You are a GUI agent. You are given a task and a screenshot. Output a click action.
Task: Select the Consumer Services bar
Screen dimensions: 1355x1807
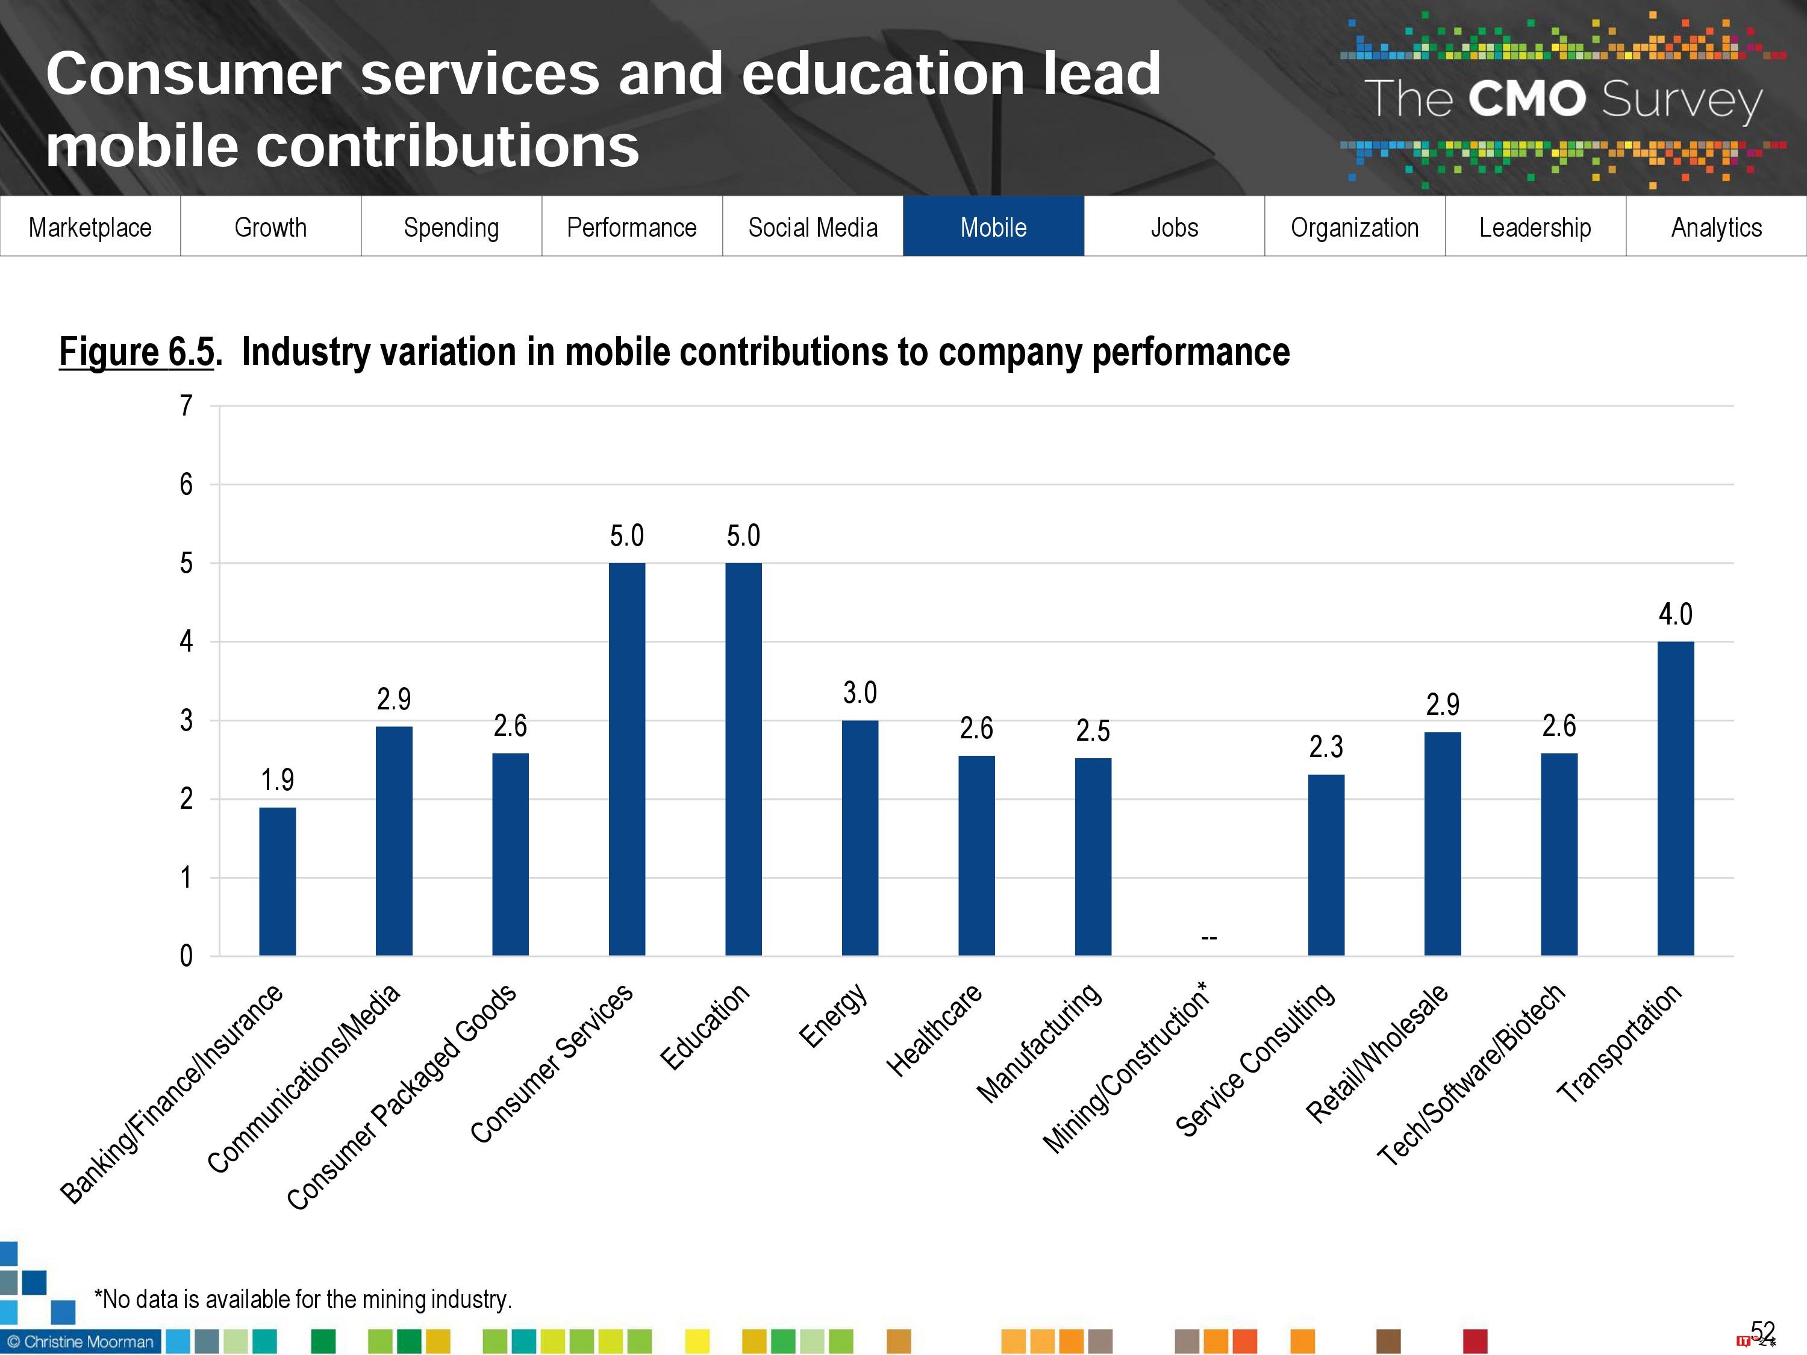[626, 759]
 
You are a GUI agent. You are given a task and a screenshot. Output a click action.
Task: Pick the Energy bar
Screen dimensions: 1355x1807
[860, 837]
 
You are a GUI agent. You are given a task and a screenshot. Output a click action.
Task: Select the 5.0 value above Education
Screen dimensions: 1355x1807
[743, 536]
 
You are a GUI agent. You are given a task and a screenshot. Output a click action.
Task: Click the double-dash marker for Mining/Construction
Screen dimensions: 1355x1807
[1209, 938]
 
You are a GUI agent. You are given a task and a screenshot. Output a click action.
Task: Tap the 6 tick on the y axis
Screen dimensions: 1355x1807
[186, 484]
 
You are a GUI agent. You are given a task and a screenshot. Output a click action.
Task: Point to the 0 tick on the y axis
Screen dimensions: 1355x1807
[186, 956]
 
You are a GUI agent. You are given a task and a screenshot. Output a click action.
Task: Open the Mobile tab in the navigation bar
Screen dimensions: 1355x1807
[993, 227]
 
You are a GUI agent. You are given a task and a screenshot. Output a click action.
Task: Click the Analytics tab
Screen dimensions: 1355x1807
[1716, 227]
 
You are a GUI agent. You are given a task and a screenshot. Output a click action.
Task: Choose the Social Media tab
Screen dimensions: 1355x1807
[813, 227]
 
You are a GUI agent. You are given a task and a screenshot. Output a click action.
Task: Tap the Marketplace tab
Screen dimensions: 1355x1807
[90, 227]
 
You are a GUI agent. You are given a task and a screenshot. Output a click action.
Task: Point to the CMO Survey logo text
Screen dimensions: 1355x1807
[1562, 99]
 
